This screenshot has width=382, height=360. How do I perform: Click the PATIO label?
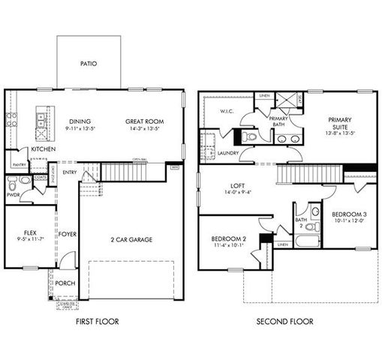[x=90, y=64]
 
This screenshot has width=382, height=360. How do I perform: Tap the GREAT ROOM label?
[x=144, y=121]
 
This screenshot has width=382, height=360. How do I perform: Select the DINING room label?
[x=80, y=121]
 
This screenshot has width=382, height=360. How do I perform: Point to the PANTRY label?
[x=20, y=164]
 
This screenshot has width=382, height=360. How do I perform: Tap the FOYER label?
[x=68, y=233]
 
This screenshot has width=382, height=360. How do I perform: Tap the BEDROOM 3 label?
[x=349, y=214]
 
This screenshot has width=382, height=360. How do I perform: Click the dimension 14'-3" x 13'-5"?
[x=144, y=129]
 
